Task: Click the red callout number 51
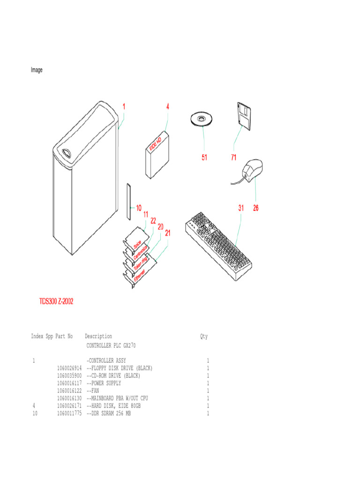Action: coord(204,157)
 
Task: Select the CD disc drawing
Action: coord(201,119)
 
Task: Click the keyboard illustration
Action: coord(218,244)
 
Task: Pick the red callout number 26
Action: coord(255,208)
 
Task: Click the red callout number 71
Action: coord(233,157)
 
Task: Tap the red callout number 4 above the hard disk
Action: coord(167,106)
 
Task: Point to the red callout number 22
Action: coord(153,220)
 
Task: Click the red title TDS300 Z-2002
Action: coord(56,301)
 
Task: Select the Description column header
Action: coord(98,336)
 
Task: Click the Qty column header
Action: coord(203,336)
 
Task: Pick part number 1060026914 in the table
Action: coord(69,368)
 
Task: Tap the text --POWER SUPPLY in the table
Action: coord(104,383)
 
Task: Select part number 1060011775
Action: coord(69,413)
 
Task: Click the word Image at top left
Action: coord(37,70)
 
